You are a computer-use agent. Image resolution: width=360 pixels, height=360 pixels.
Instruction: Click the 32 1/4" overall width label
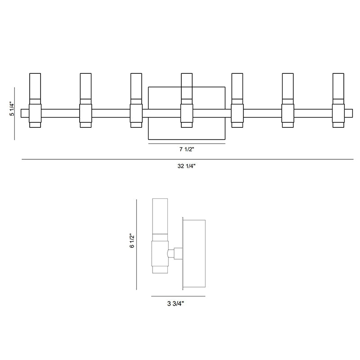click(186, 166)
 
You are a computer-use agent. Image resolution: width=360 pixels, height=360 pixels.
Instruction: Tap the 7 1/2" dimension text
click(187, 149)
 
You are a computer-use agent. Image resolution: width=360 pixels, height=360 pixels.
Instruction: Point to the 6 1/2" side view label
click(132, 241)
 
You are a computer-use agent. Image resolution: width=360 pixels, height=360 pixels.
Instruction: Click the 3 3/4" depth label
click(175, 304)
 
